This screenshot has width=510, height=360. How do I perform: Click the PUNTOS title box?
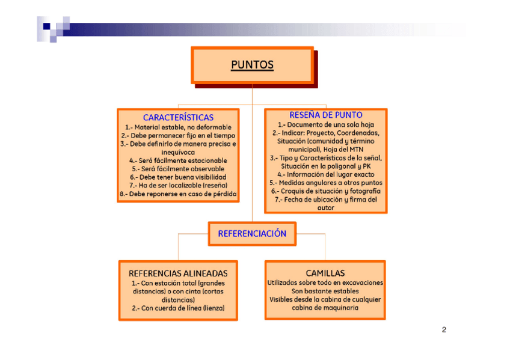click(x=252, y=65)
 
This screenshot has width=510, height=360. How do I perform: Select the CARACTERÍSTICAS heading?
click(x=178, y=118)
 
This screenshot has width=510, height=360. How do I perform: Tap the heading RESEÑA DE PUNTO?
click(x=325, y=115)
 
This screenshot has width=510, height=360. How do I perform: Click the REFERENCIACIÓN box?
click(x=252, y=233)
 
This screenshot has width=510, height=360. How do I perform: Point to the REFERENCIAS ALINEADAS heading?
click(x=178, y=273)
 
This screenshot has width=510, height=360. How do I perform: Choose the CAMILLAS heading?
click(x=325, y=273)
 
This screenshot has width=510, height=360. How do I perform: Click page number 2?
click(x=444, y=329)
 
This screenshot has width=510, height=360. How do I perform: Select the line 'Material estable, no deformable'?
click(x=178, y=127)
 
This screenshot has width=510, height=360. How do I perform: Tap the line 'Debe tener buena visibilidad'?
click(x=179, y=177)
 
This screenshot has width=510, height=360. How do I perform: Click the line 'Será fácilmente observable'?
click(x=179, y=169)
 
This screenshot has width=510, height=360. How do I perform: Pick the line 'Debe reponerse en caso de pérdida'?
click(x=178, y=194)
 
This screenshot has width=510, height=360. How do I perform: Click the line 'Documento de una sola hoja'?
click(x=325, y=124)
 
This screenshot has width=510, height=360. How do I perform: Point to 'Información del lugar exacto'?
click(x=325, y=174)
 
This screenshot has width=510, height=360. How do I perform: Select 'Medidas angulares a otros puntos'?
click(x=325, y=183)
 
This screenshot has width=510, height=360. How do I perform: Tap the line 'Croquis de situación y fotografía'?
click(x=325, y=191)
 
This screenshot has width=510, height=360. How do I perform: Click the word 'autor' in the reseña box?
click(x=325, y=207)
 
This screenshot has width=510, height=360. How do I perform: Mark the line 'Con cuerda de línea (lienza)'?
click(x=178, y=308)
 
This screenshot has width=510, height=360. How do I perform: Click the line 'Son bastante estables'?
click(x=325, y=291)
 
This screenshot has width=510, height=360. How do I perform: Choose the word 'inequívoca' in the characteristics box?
click(x=178, y=152)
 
